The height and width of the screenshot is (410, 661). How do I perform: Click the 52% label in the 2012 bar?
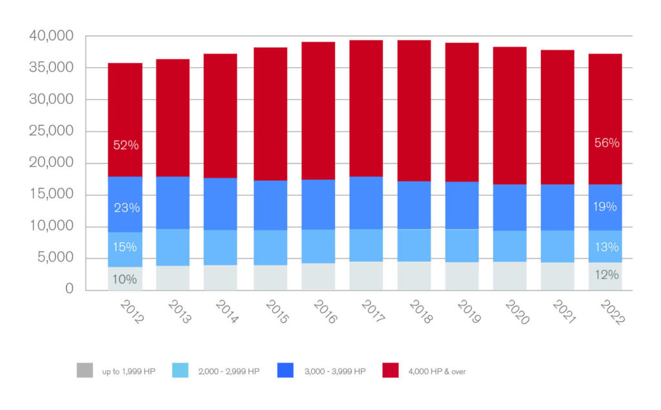126,145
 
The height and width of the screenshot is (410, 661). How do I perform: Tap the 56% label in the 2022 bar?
607,143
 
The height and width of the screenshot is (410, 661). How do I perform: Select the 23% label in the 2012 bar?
126,208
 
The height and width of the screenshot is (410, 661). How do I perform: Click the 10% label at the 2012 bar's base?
126,280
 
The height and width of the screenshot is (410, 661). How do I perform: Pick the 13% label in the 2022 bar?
607,247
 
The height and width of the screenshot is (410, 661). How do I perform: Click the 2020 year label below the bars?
516,311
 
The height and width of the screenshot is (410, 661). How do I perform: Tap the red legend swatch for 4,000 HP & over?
391,371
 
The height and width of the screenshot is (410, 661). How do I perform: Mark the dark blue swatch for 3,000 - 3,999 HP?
285,371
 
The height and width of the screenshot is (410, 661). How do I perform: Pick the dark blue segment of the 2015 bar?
270,205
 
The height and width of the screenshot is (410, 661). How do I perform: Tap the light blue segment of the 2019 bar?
462,245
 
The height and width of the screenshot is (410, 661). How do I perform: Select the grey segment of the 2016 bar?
318,276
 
